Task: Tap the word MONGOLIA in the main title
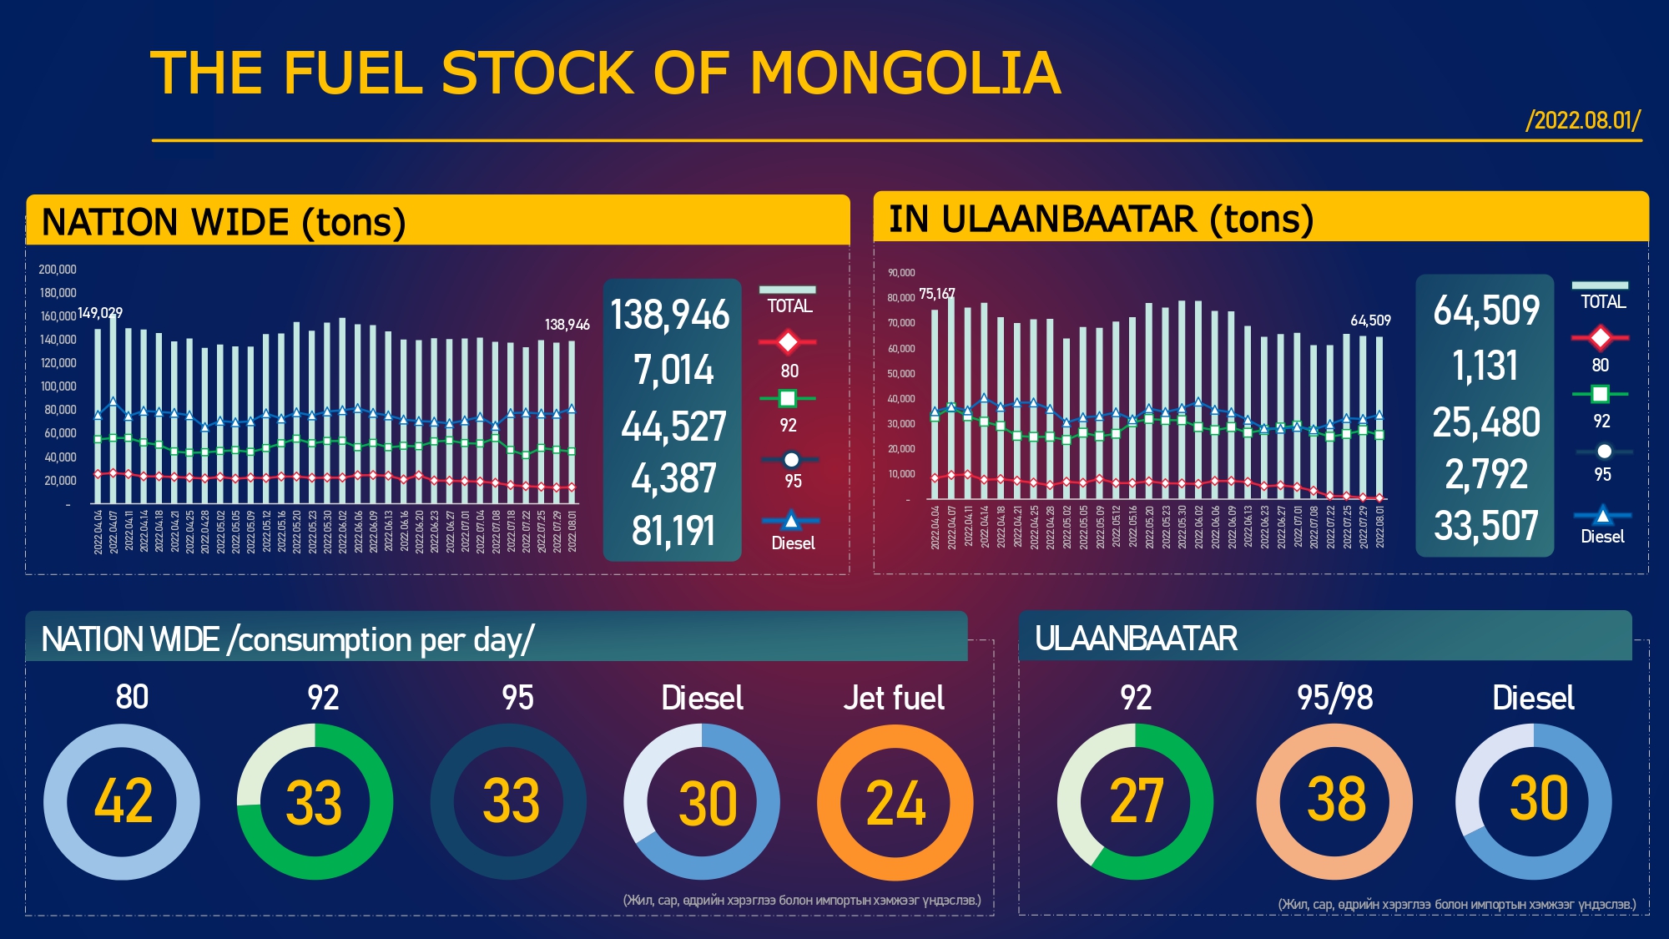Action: [x=905, y=73]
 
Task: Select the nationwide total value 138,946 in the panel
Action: [x=670, y=316]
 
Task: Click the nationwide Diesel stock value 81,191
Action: [x=673, y=531]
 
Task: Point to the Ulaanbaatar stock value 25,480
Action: [x=1486, y=422]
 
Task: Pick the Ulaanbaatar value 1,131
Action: [x=1485, y=366]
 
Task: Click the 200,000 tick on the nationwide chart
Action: [x=58, y=270]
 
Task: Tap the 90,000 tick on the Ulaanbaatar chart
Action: [x=901, y=273]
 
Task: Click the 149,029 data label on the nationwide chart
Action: [x=100, y=313]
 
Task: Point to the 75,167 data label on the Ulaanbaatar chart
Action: [x=936, y=294]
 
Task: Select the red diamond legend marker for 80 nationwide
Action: [x=788, y=341]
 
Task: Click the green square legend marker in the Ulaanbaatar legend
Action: [x=1600, y=394]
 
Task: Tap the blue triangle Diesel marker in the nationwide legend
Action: [x=790, y=521]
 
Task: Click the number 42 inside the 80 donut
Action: [x=123, y=801]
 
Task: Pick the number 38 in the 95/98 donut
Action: [x=1335, y=799]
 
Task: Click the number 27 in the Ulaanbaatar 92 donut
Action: [x=1136, y=801]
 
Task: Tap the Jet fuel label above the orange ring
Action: [x=894, y=698]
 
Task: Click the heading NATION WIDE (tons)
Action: [x=224, y=222]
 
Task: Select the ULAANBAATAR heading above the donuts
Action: [x=1136, y=639]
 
